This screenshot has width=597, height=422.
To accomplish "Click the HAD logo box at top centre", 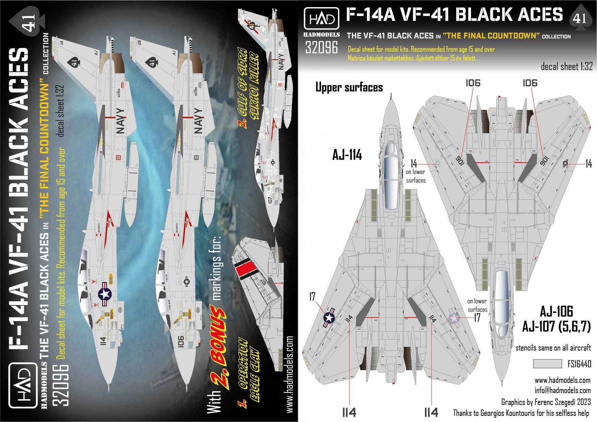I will [x=321, y=19].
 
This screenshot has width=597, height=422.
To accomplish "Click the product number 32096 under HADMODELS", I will [x=321, y=47].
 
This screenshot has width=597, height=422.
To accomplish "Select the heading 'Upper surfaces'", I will [x=349, y=87].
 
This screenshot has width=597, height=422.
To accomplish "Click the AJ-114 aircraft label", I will [x=347, y=155].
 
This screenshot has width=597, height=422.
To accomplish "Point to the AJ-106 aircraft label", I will [x=556, y=311].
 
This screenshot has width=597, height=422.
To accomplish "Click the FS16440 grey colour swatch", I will [x=547, y=364].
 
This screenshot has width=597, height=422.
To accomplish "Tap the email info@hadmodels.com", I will [x=562, y=390].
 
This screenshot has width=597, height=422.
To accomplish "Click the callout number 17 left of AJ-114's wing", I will [x=312, y=297].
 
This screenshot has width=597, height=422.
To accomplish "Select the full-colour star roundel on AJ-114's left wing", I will [x=329, y=318].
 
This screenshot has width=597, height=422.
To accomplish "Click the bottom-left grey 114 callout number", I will [x=349, y=412].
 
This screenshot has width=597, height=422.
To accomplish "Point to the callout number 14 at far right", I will [x=588, y=164].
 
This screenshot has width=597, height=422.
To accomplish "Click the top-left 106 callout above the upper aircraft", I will [x=473, y=83].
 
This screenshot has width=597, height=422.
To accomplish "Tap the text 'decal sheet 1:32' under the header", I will [x=566, y=67].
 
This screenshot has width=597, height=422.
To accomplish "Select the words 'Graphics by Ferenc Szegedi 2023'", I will [x=546, y=402].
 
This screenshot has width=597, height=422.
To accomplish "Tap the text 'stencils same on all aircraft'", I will [x=553, y=348].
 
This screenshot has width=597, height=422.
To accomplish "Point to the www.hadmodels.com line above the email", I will [x=562, y=380].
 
